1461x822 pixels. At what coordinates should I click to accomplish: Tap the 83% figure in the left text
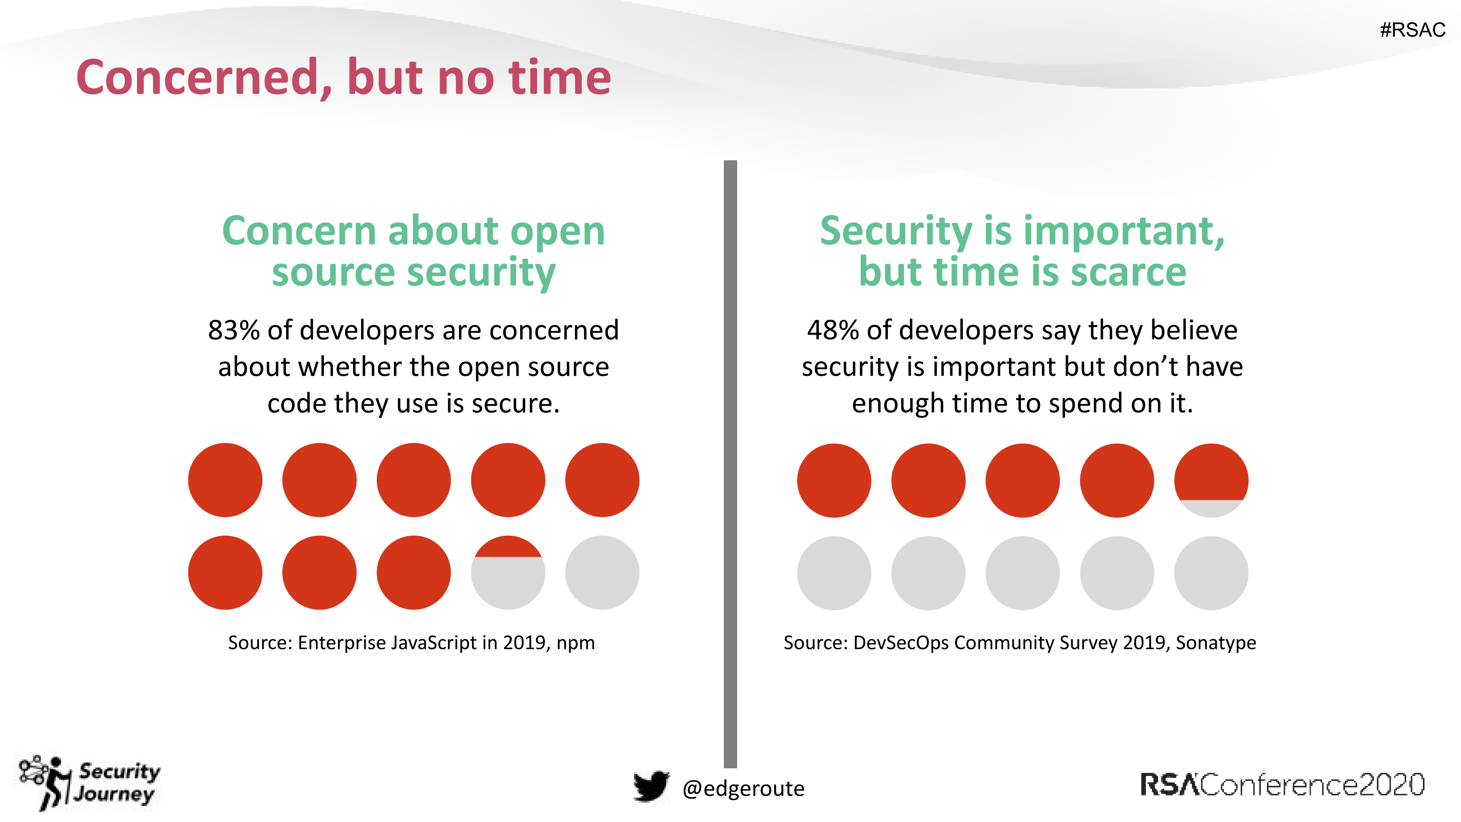[x=233, y=330]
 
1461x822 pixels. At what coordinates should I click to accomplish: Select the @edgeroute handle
[x=743, y=788]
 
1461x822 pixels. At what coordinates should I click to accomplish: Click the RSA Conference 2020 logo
[x=1282, y=785]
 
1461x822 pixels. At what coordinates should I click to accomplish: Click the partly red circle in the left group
[x=508, y=572]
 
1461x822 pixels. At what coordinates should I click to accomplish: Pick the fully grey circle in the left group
[x=602, y=572]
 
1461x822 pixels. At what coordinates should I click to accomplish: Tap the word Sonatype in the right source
[x=1216, y=643]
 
